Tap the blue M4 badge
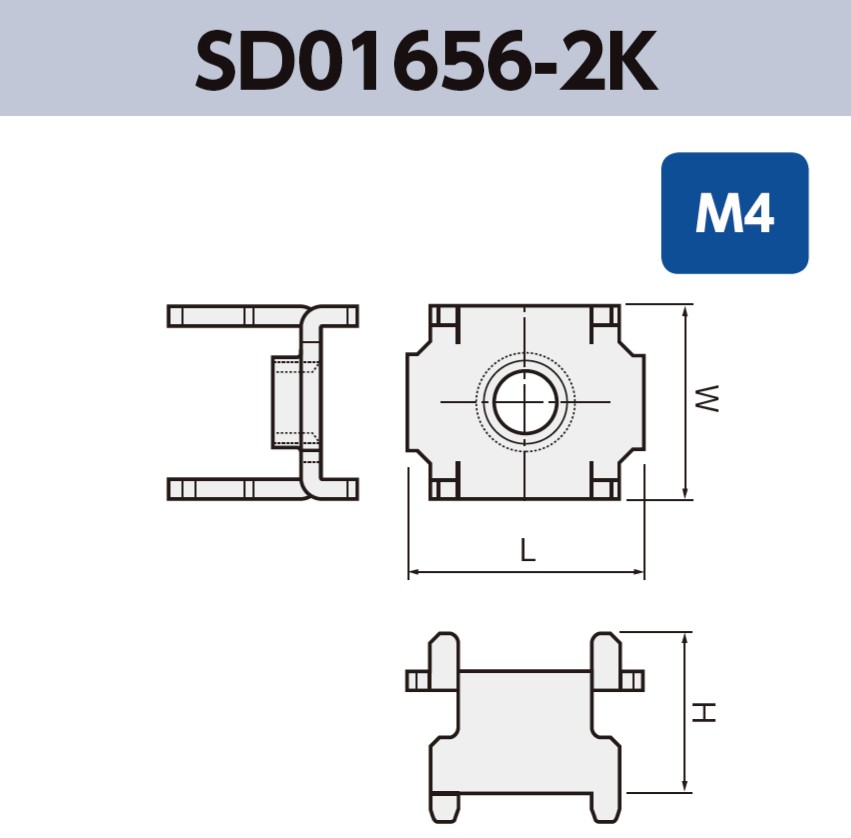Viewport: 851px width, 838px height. (x=734, y=213)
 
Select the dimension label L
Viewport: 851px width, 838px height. (x=527, y=550)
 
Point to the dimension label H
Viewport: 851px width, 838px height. (x=706, y=712)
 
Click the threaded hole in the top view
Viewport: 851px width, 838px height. (x=526, y=402)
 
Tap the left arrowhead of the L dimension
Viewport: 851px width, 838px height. (x=413, y=574)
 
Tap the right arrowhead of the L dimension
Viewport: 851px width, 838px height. (x=640, y=574)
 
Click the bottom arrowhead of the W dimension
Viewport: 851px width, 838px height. (x=685, y=492)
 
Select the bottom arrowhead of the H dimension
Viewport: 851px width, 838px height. (x=685, y=785)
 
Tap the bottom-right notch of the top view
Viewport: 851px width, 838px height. (x=605, y=488)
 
